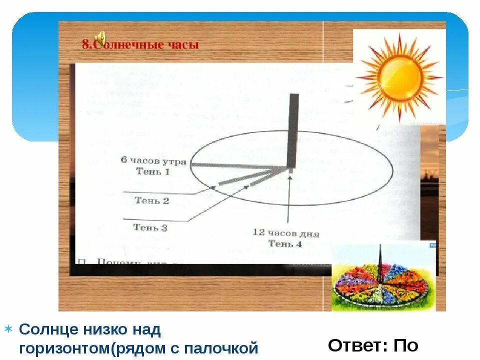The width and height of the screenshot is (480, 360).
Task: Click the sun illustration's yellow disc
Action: coord(400,76)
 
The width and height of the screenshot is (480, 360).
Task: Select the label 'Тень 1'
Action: coord(153,171)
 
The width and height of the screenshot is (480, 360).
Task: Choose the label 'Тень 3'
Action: coord(150,227)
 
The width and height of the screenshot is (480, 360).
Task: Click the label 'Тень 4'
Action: coord(285,244)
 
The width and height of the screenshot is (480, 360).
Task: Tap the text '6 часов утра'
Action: coord(153,161)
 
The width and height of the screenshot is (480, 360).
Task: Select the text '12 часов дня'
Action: coord(285,233)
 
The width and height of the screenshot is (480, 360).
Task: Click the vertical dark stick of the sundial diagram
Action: coord(293,130)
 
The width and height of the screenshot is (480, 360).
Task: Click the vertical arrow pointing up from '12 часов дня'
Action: coord(289,200)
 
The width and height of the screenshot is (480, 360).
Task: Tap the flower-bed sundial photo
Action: coord(383,276)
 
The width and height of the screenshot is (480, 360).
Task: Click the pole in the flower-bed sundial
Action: coord(381,262)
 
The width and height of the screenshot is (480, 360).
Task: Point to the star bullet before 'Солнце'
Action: coord(8,329)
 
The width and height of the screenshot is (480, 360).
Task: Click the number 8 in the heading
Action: coord(85,45)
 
